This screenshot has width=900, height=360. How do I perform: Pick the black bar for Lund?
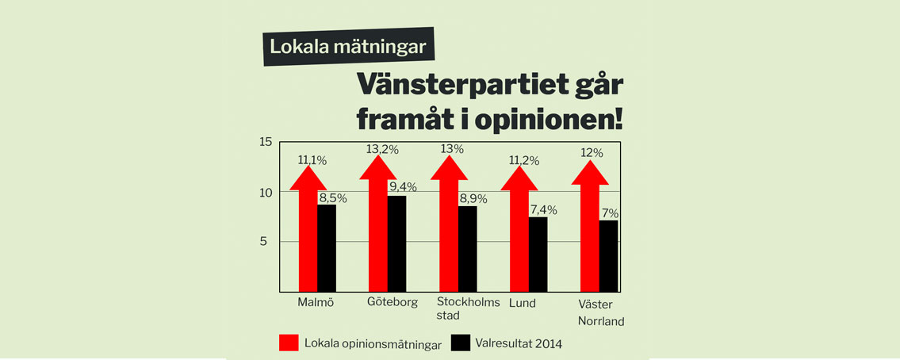[538, 254]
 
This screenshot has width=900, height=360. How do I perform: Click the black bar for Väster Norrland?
[607, 255]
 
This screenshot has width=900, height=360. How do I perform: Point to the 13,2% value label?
[382, 150]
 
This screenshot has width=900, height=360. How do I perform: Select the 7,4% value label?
[543, 210]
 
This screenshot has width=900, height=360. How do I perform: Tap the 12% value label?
[592, 153]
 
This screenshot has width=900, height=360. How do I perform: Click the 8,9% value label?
[473, 199]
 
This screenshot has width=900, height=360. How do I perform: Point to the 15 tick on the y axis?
[266, 143]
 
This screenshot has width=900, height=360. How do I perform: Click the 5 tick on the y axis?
[267, 242]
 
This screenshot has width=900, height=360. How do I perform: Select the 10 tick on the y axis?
[266, 193]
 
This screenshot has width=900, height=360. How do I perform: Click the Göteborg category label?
[393, 303]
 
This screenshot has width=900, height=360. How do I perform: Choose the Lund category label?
[523, 303]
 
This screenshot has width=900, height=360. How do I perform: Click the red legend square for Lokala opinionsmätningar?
[289, 343]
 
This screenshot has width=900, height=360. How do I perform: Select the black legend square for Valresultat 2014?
[461, 343]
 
